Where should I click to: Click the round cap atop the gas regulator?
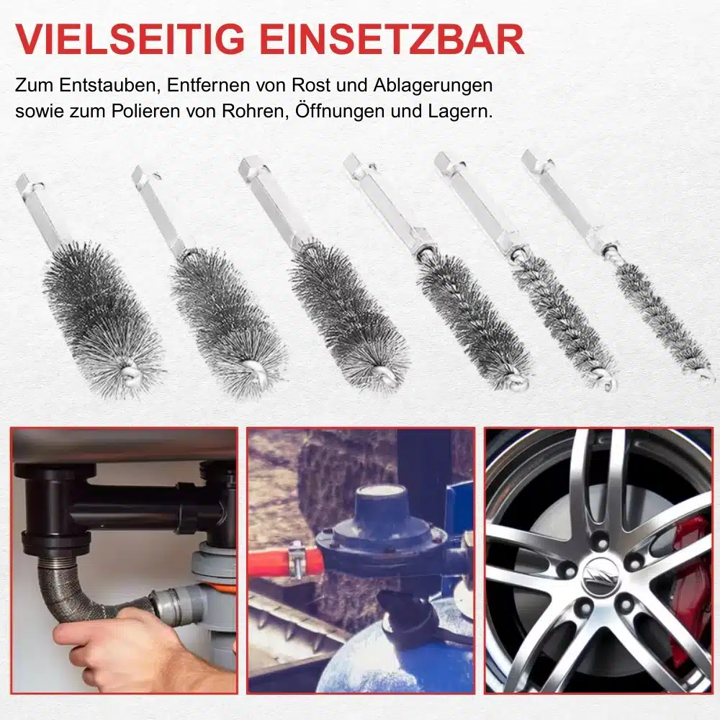click(381, 503)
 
